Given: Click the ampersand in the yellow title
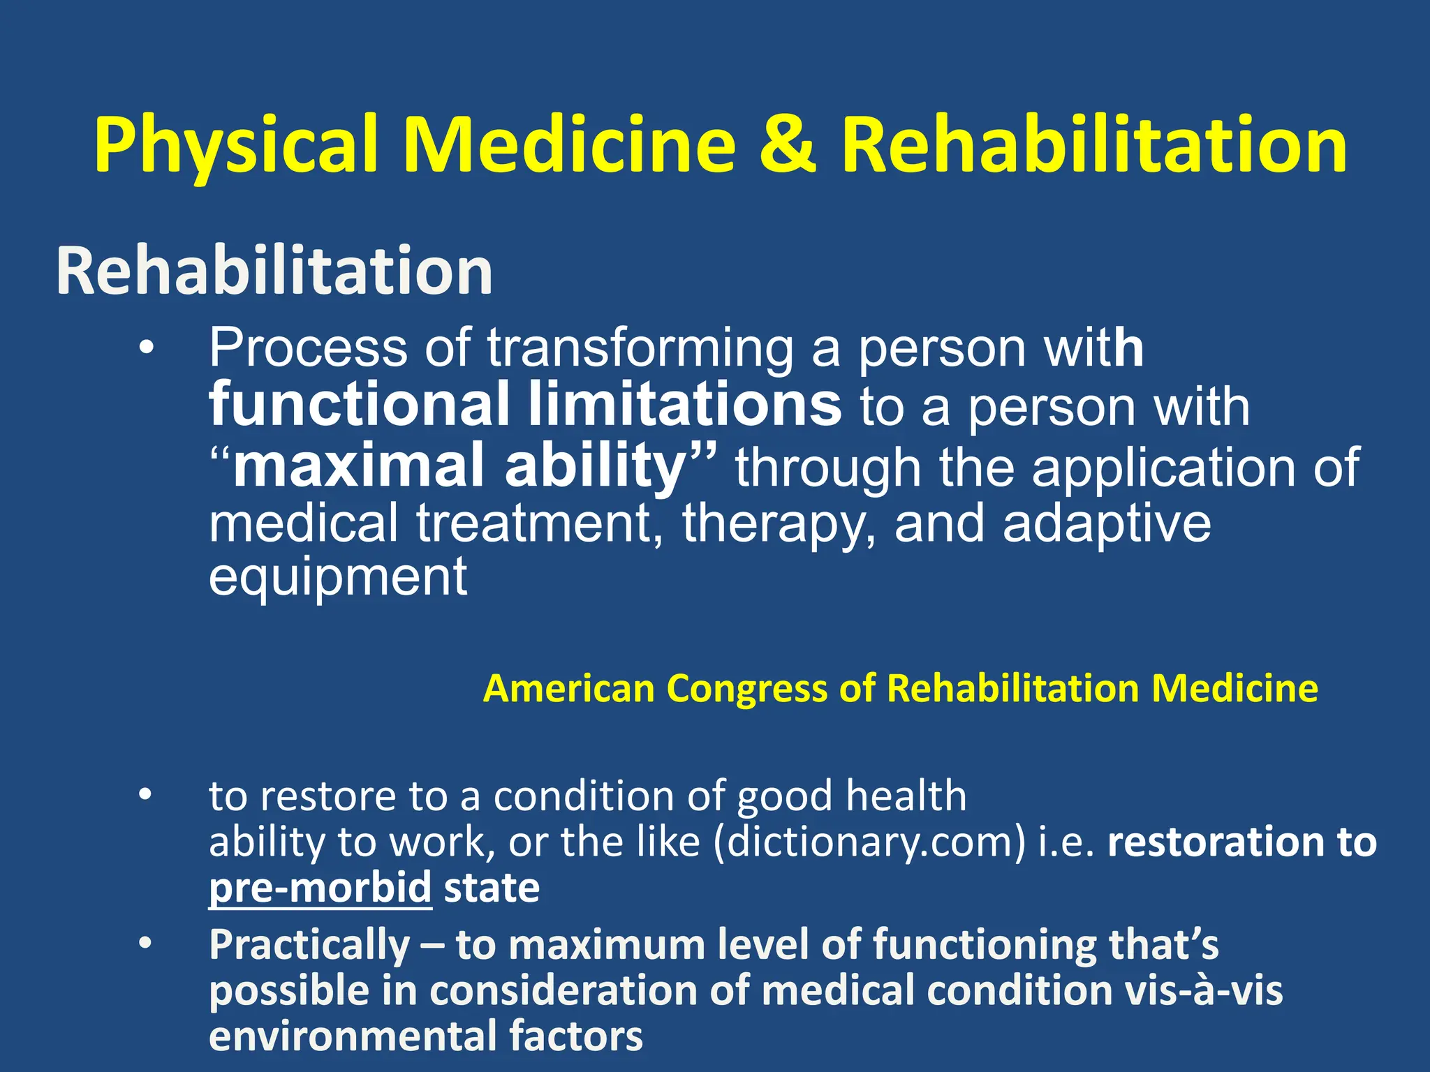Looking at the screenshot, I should tap(788, 145).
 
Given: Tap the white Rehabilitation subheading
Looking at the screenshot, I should tap(274, 271).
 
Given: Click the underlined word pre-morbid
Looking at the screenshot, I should tap(320, 888).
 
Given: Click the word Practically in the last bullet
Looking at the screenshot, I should tap(309, 945).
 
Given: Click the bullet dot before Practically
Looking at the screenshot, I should tap(145, 944).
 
